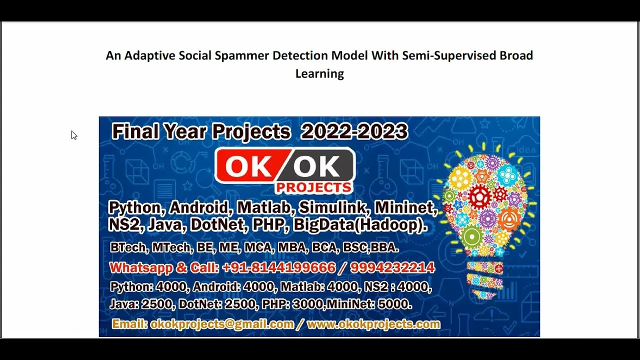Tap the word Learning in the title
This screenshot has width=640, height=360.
click(x=319, y=74)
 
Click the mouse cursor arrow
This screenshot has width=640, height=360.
click(x=73, y=135)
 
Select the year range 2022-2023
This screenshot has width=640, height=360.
click(x=354, y=131)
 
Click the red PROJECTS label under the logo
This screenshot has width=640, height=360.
click(x=313, y=187)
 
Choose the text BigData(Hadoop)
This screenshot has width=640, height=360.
click(x=360, y=224)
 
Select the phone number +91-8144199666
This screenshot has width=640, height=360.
click(x=278, y=268)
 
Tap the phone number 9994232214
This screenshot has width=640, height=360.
click(x=392, y=268)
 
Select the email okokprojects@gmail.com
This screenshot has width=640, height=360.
click(x=221, y=324)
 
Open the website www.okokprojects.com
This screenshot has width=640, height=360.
click(x=373, y=324)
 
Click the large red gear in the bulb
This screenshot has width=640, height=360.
click(x=479, y=196)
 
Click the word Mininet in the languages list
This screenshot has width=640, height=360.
click(x=405, y=207)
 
